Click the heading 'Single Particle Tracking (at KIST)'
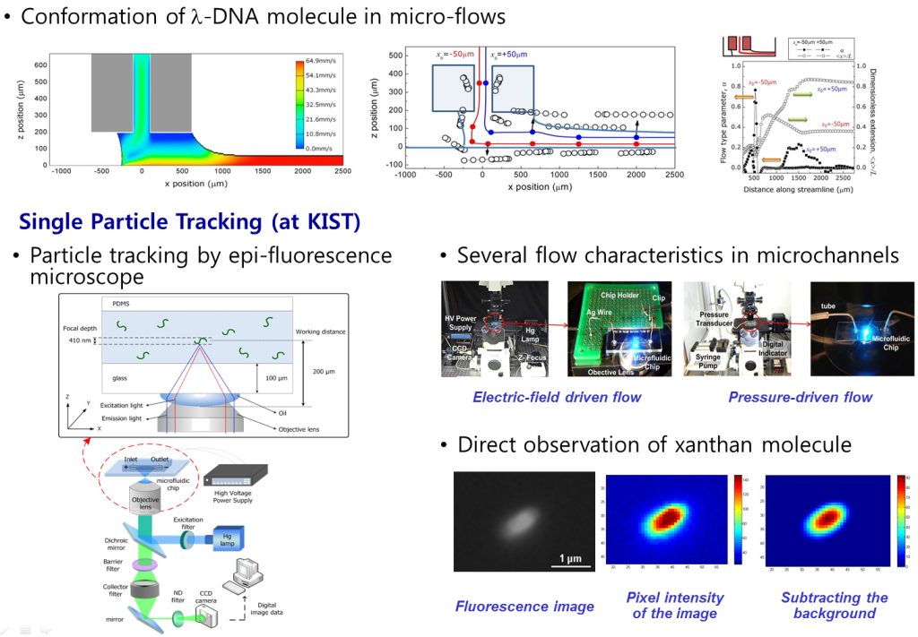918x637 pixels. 190,221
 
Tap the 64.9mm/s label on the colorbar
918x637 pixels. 321,61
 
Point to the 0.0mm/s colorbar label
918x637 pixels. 321,147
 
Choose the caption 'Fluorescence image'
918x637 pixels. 524,607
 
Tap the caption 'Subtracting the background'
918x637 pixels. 834,606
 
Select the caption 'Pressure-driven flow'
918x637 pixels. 800,397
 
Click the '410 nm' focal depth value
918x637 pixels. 80,341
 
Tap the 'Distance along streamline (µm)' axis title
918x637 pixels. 798,189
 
